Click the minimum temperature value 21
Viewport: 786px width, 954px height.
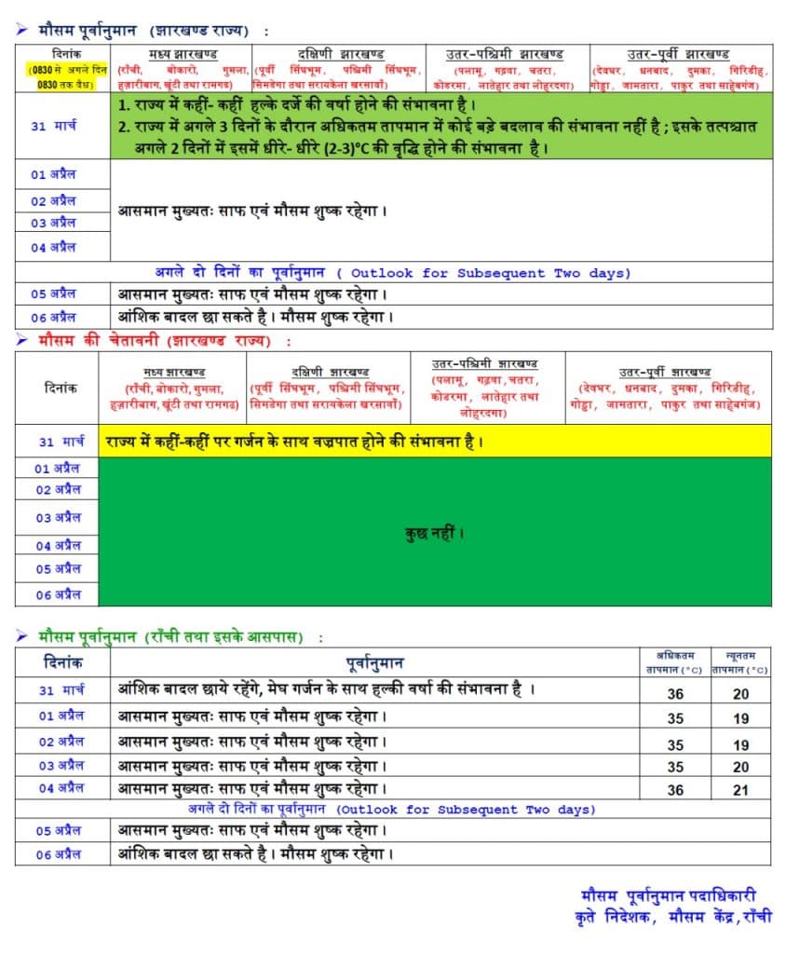pyautogui.click(x=740, y=790)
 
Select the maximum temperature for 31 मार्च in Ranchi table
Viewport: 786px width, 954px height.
pyautogui.click(x=676, y=694)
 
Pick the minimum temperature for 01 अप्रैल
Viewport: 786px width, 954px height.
pyautogui.click(x=740, y=719)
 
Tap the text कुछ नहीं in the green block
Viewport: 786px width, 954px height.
pyautogui.click(x=434, y=534)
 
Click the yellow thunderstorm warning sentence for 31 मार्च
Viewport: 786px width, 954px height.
pyautogui.click(x=294, y=441)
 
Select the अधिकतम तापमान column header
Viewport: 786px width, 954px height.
pyautogui.click(x=676, y=661)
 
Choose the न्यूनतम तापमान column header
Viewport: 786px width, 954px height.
pyautogui.click(x=740, y=661)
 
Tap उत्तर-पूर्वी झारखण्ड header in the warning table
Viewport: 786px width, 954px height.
pyautogui.click(x=668, y=371)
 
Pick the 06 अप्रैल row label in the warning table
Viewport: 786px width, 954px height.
pyautogui.click(x=58, y=594)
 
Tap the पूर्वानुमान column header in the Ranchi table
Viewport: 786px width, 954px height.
pyautogui.click(x=374, y=662)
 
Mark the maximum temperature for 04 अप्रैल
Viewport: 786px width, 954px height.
pyautogui.click(x=676, y=790)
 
